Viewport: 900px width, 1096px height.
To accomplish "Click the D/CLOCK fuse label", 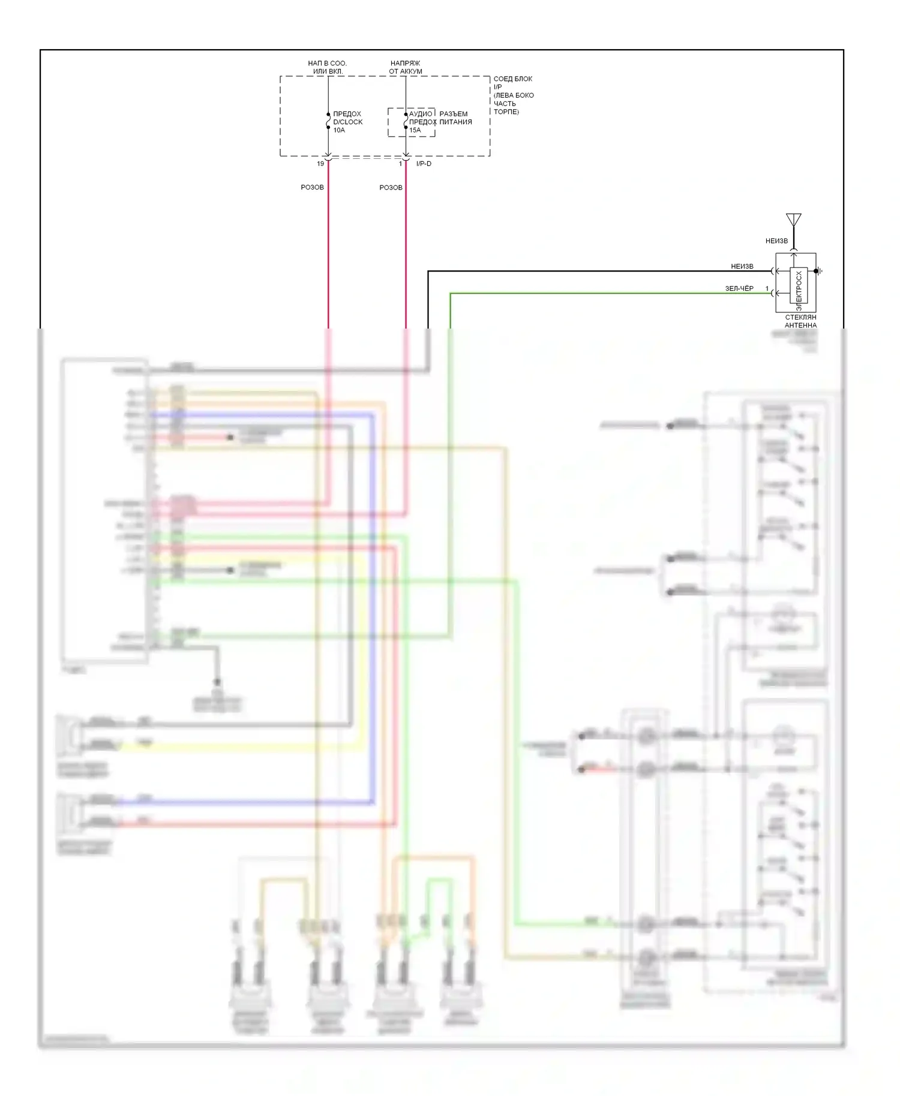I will coord(348,122).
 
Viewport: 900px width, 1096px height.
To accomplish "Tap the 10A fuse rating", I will coord(339,130).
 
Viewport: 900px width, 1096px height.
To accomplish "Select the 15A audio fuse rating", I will coord(415,130).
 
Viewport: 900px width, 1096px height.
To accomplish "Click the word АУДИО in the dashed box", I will coord(421,114).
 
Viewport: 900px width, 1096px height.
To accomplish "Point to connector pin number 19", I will coord(320,164).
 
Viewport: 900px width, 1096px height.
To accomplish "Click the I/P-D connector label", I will coord(424,164).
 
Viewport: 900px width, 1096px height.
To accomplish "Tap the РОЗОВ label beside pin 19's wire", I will coord(312,188).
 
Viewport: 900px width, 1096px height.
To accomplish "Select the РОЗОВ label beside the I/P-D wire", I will coord(391,188).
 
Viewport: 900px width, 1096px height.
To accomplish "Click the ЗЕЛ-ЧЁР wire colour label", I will coord(739,289).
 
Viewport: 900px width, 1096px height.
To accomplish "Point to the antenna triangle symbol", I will coord(794,220).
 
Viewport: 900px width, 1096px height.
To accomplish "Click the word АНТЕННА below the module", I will coord(800,325).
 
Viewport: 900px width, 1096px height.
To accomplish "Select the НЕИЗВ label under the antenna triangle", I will coord(776,241).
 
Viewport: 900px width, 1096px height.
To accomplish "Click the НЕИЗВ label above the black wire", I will coord(742,267).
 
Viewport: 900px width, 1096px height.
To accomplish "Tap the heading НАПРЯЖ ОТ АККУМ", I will coord(406,67).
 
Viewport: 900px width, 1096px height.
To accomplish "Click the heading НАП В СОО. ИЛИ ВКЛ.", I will coord(328,67).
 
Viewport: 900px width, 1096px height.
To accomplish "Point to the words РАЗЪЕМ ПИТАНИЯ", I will coord(455,118).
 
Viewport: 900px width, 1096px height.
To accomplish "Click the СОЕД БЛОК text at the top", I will coord(512,79).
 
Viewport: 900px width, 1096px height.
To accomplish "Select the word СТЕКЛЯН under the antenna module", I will coord(800,317).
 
